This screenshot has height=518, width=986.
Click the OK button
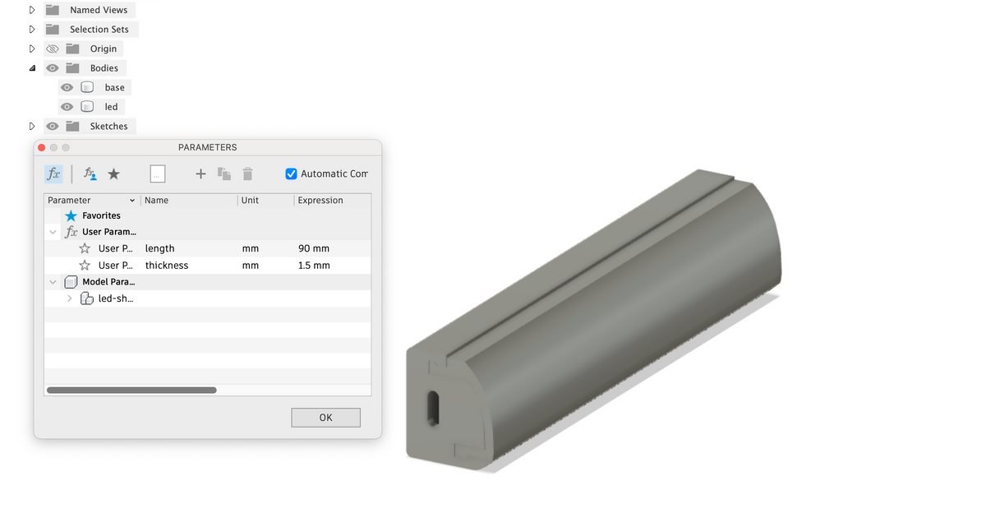[325, 417]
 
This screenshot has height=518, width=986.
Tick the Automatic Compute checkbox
[291, 174]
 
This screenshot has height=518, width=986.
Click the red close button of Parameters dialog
[42, 147]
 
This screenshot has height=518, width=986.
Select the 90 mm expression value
[313, 248]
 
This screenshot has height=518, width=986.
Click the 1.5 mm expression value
[314, 265]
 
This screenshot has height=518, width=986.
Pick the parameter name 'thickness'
[167, 265]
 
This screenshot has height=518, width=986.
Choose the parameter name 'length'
[159, 248]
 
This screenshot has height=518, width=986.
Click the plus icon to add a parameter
[200, 174]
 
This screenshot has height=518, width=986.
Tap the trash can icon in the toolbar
[248, 174]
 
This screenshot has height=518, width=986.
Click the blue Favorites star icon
[71, 215]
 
